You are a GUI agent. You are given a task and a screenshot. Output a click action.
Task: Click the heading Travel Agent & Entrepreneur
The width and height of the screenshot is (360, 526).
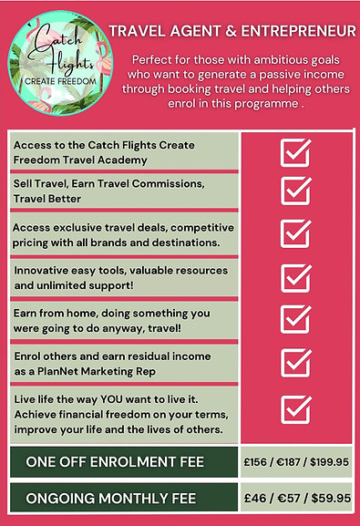[x=232, y=32]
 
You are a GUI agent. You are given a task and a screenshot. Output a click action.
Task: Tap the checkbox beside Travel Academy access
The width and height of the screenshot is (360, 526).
[x=296, y=152]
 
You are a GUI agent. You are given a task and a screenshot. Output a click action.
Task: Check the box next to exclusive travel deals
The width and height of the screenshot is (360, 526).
[x=296, y=232]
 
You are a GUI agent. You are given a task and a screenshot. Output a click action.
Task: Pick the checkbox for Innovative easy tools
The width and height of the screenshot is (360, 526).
[x=296, y=277]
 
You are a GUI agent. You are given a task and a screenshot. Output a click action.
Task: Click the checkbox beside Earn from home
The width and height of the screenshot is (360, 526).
[x=296, y=319]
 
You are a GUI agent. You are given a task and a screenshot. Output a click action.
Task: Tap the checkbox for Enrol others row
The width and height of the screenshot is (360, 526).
[x=296, y=362]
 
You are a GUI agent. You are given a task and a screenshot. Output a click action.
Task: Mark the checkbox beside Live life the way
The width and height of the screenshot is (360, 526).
[x=296, y=408]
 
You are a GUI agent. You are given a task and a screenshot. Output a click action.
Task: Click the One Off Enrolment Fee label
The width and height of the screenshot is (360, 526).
[x=114, y=461]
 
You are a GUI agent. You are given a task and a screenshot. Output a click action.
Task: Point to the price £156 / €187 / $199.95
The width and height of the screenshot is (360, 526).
[x=297, y=461]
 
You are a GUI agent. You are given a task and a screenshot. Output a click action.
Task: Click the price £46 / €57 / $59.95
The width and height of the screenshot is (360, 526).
[x=297, y=500]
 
